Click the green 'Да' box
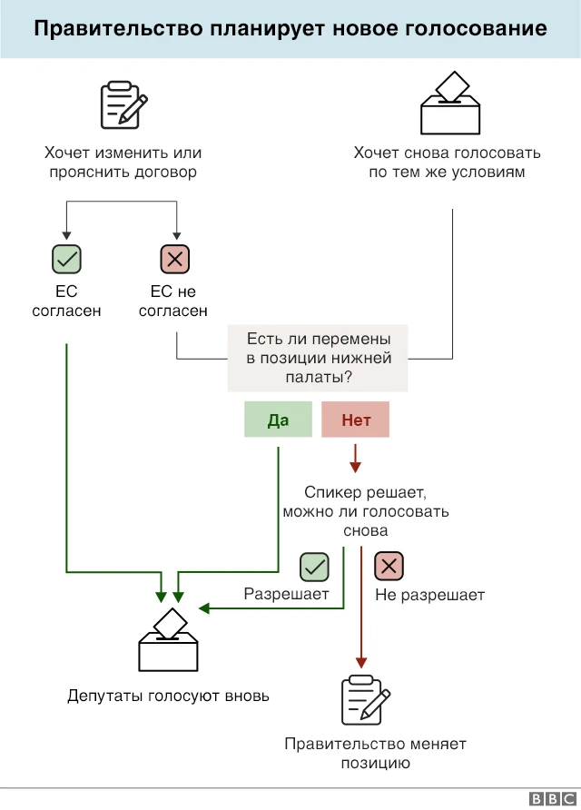278,420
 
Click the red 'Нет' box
355,420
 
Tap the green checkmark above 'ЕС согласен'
66,260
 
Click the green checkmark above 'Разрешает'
314,567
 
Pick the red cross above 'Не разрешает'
389,567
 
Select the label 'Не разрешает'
429,596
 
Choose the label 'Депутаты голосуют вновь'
168,696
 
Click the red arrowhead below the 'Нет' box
355,466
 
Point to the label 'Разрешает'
286,594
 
